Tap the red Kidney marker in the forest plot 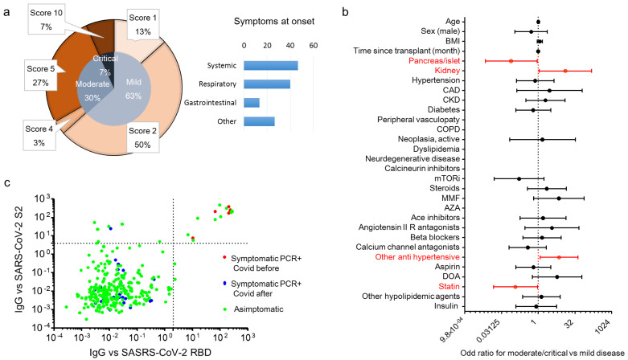566,71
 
